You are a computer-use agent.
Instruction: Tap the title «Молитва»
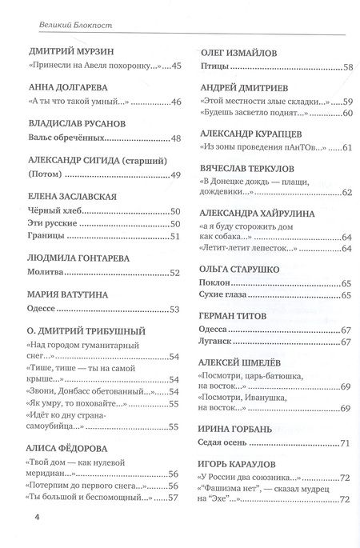coord(46,272)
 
